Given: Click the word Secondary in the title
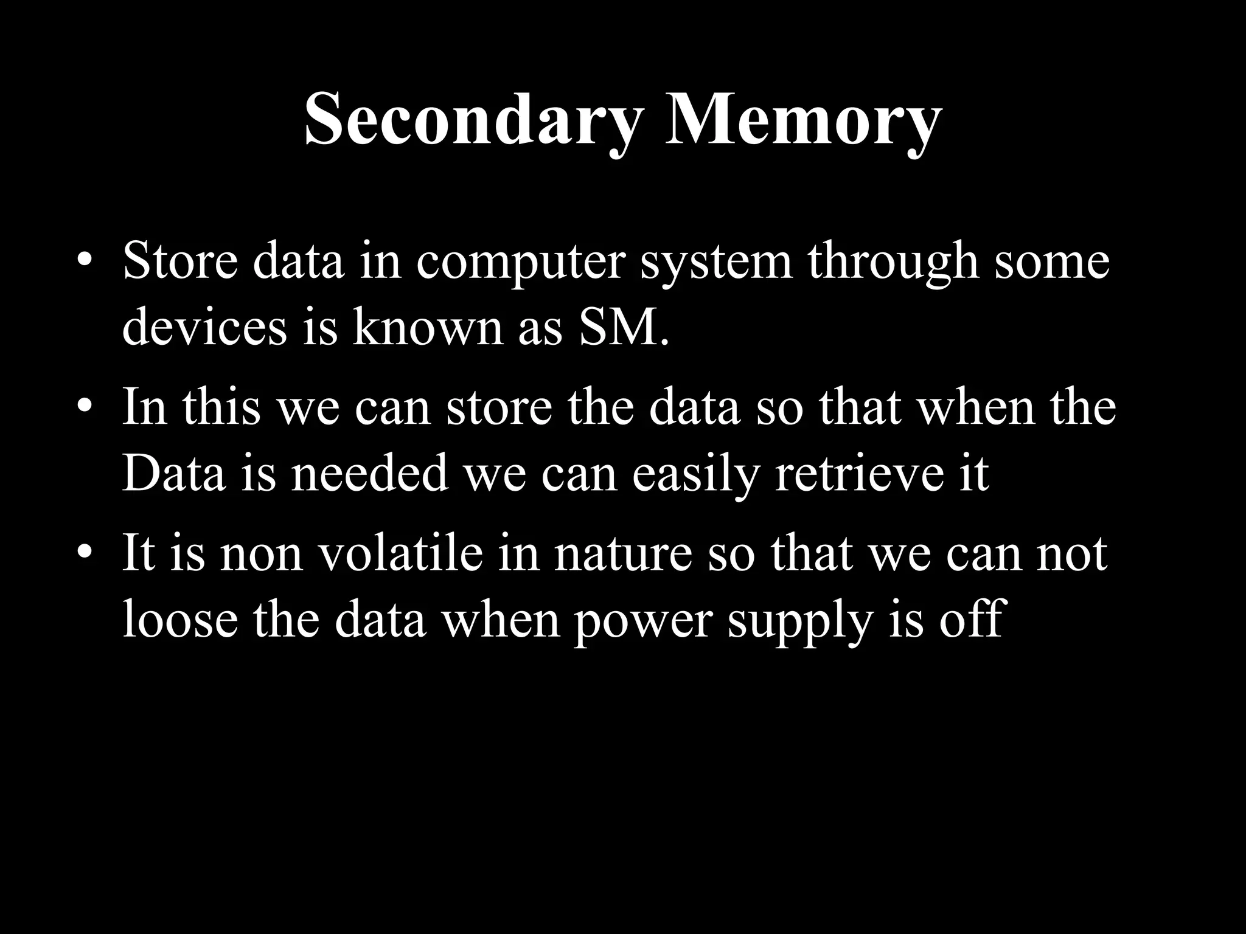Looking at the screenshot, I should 472,122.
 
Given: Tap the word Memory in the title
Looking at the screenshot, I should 802,122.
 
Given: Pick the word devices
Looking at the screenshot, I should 204,328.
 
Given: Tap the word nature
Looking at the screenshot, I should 623,556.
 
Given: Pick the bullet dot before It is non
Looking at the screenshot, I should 85,554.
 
